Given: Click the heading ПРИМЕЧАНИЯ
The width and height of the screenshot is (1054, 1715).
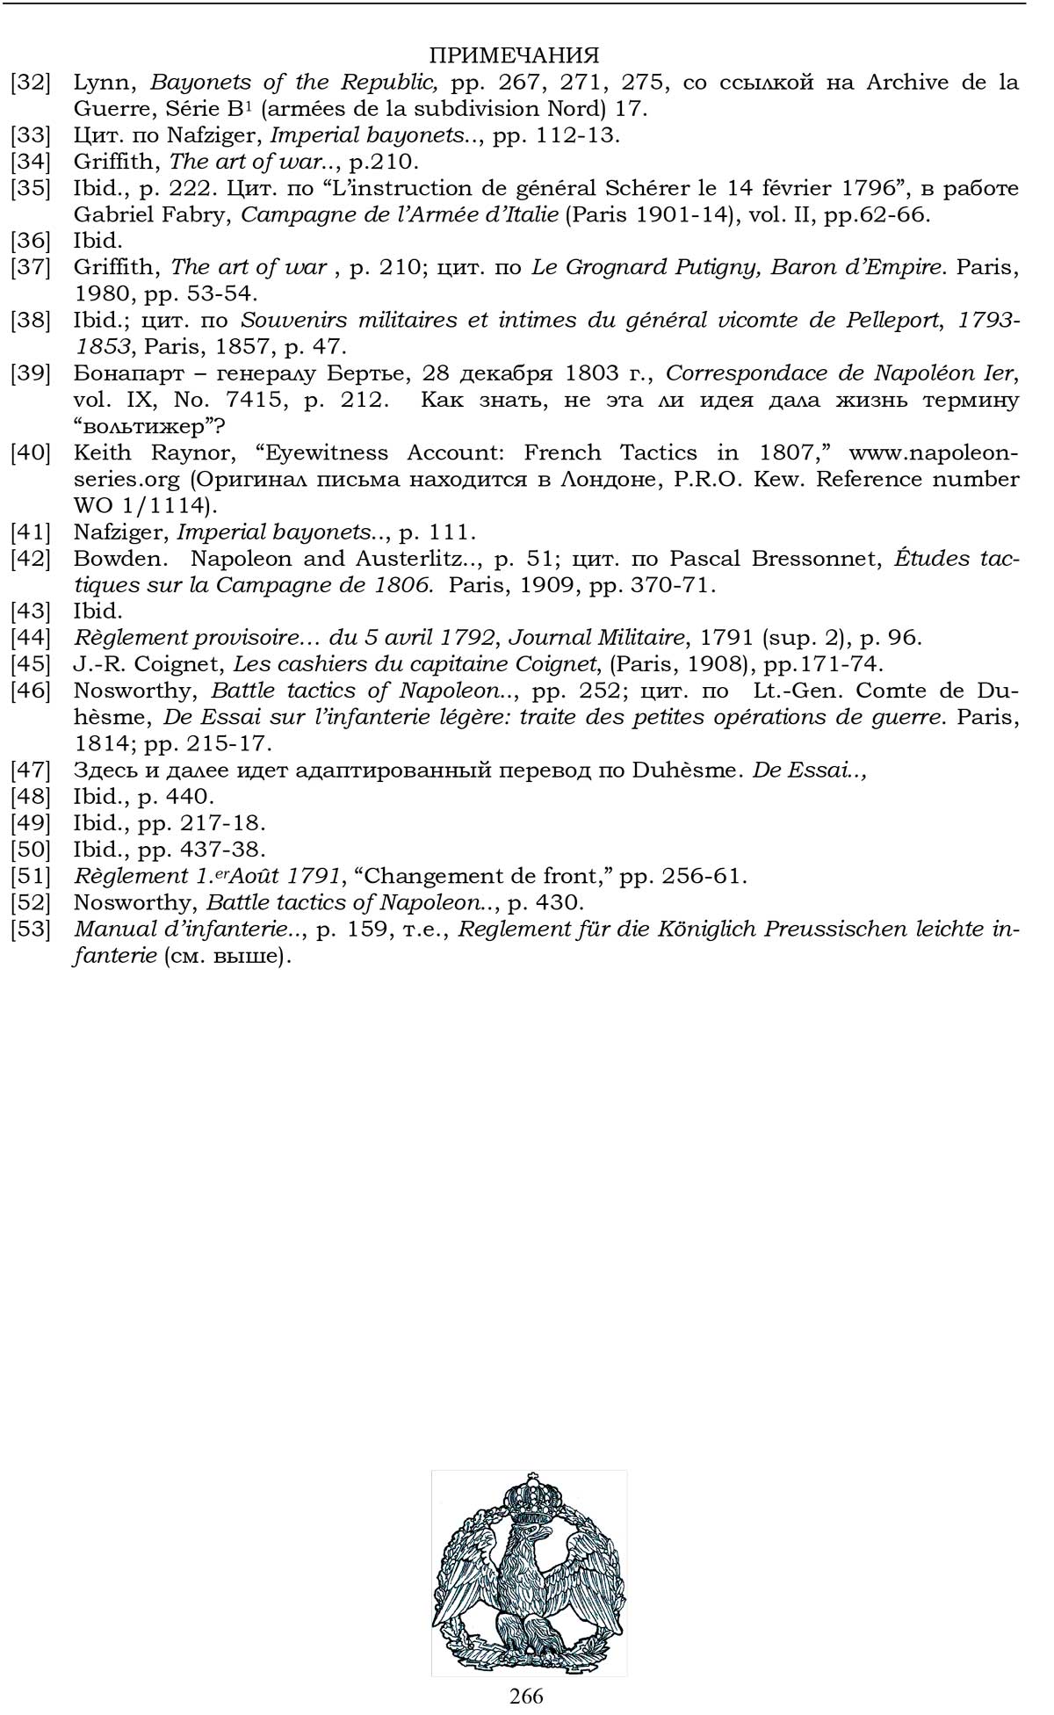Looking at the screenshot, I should pos(514,55).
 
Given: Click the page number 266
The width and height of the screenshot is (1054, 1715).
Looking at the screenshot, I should pos(526,1695).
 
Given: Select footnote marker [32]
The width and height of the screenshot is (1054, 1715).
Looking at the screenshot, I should pos(31,83).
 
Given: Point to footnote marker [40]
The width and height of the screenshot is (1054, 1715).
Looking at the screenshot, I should pos(31,453).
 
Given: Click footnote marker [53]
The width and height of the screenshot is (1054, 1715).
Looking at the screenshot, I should pos(31,930).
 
